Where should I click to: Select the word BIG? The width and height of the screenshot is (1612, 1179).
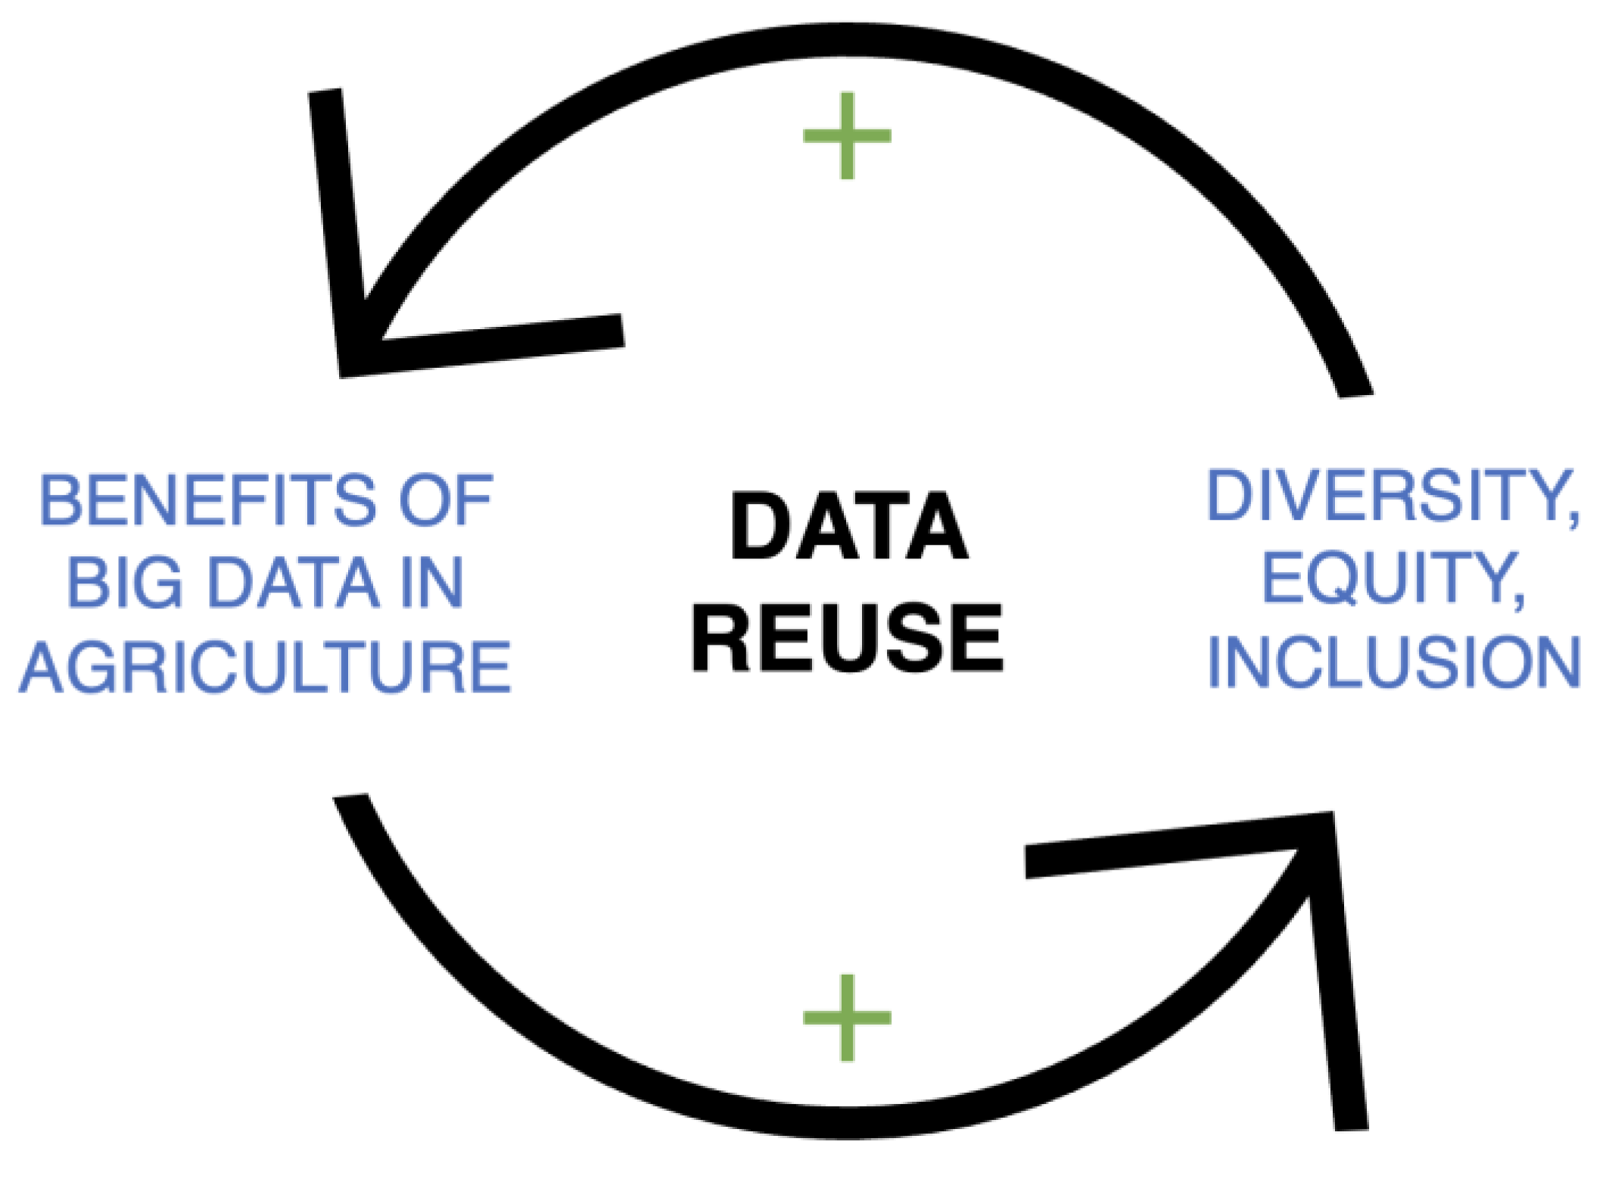click(x=125, y=583)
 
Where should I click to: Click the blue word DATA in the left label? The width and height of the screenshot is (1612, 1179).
click(x=294, y=583)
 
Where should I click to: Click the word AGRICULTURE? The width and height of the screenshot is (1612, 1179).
click(x=265, y=667)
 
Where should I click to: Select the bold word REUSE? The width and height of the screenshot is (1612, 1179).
click(x=848, y=638)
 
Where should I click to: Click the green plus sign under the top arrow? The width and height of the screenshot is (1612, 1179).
click(x=847, y=136)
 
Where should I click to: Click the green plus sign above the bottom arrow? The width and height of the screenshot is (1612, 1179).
click(x=847, y=1018)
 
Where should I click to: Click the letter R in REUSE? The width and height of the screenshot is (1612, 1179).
click(x=719, y=638)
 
